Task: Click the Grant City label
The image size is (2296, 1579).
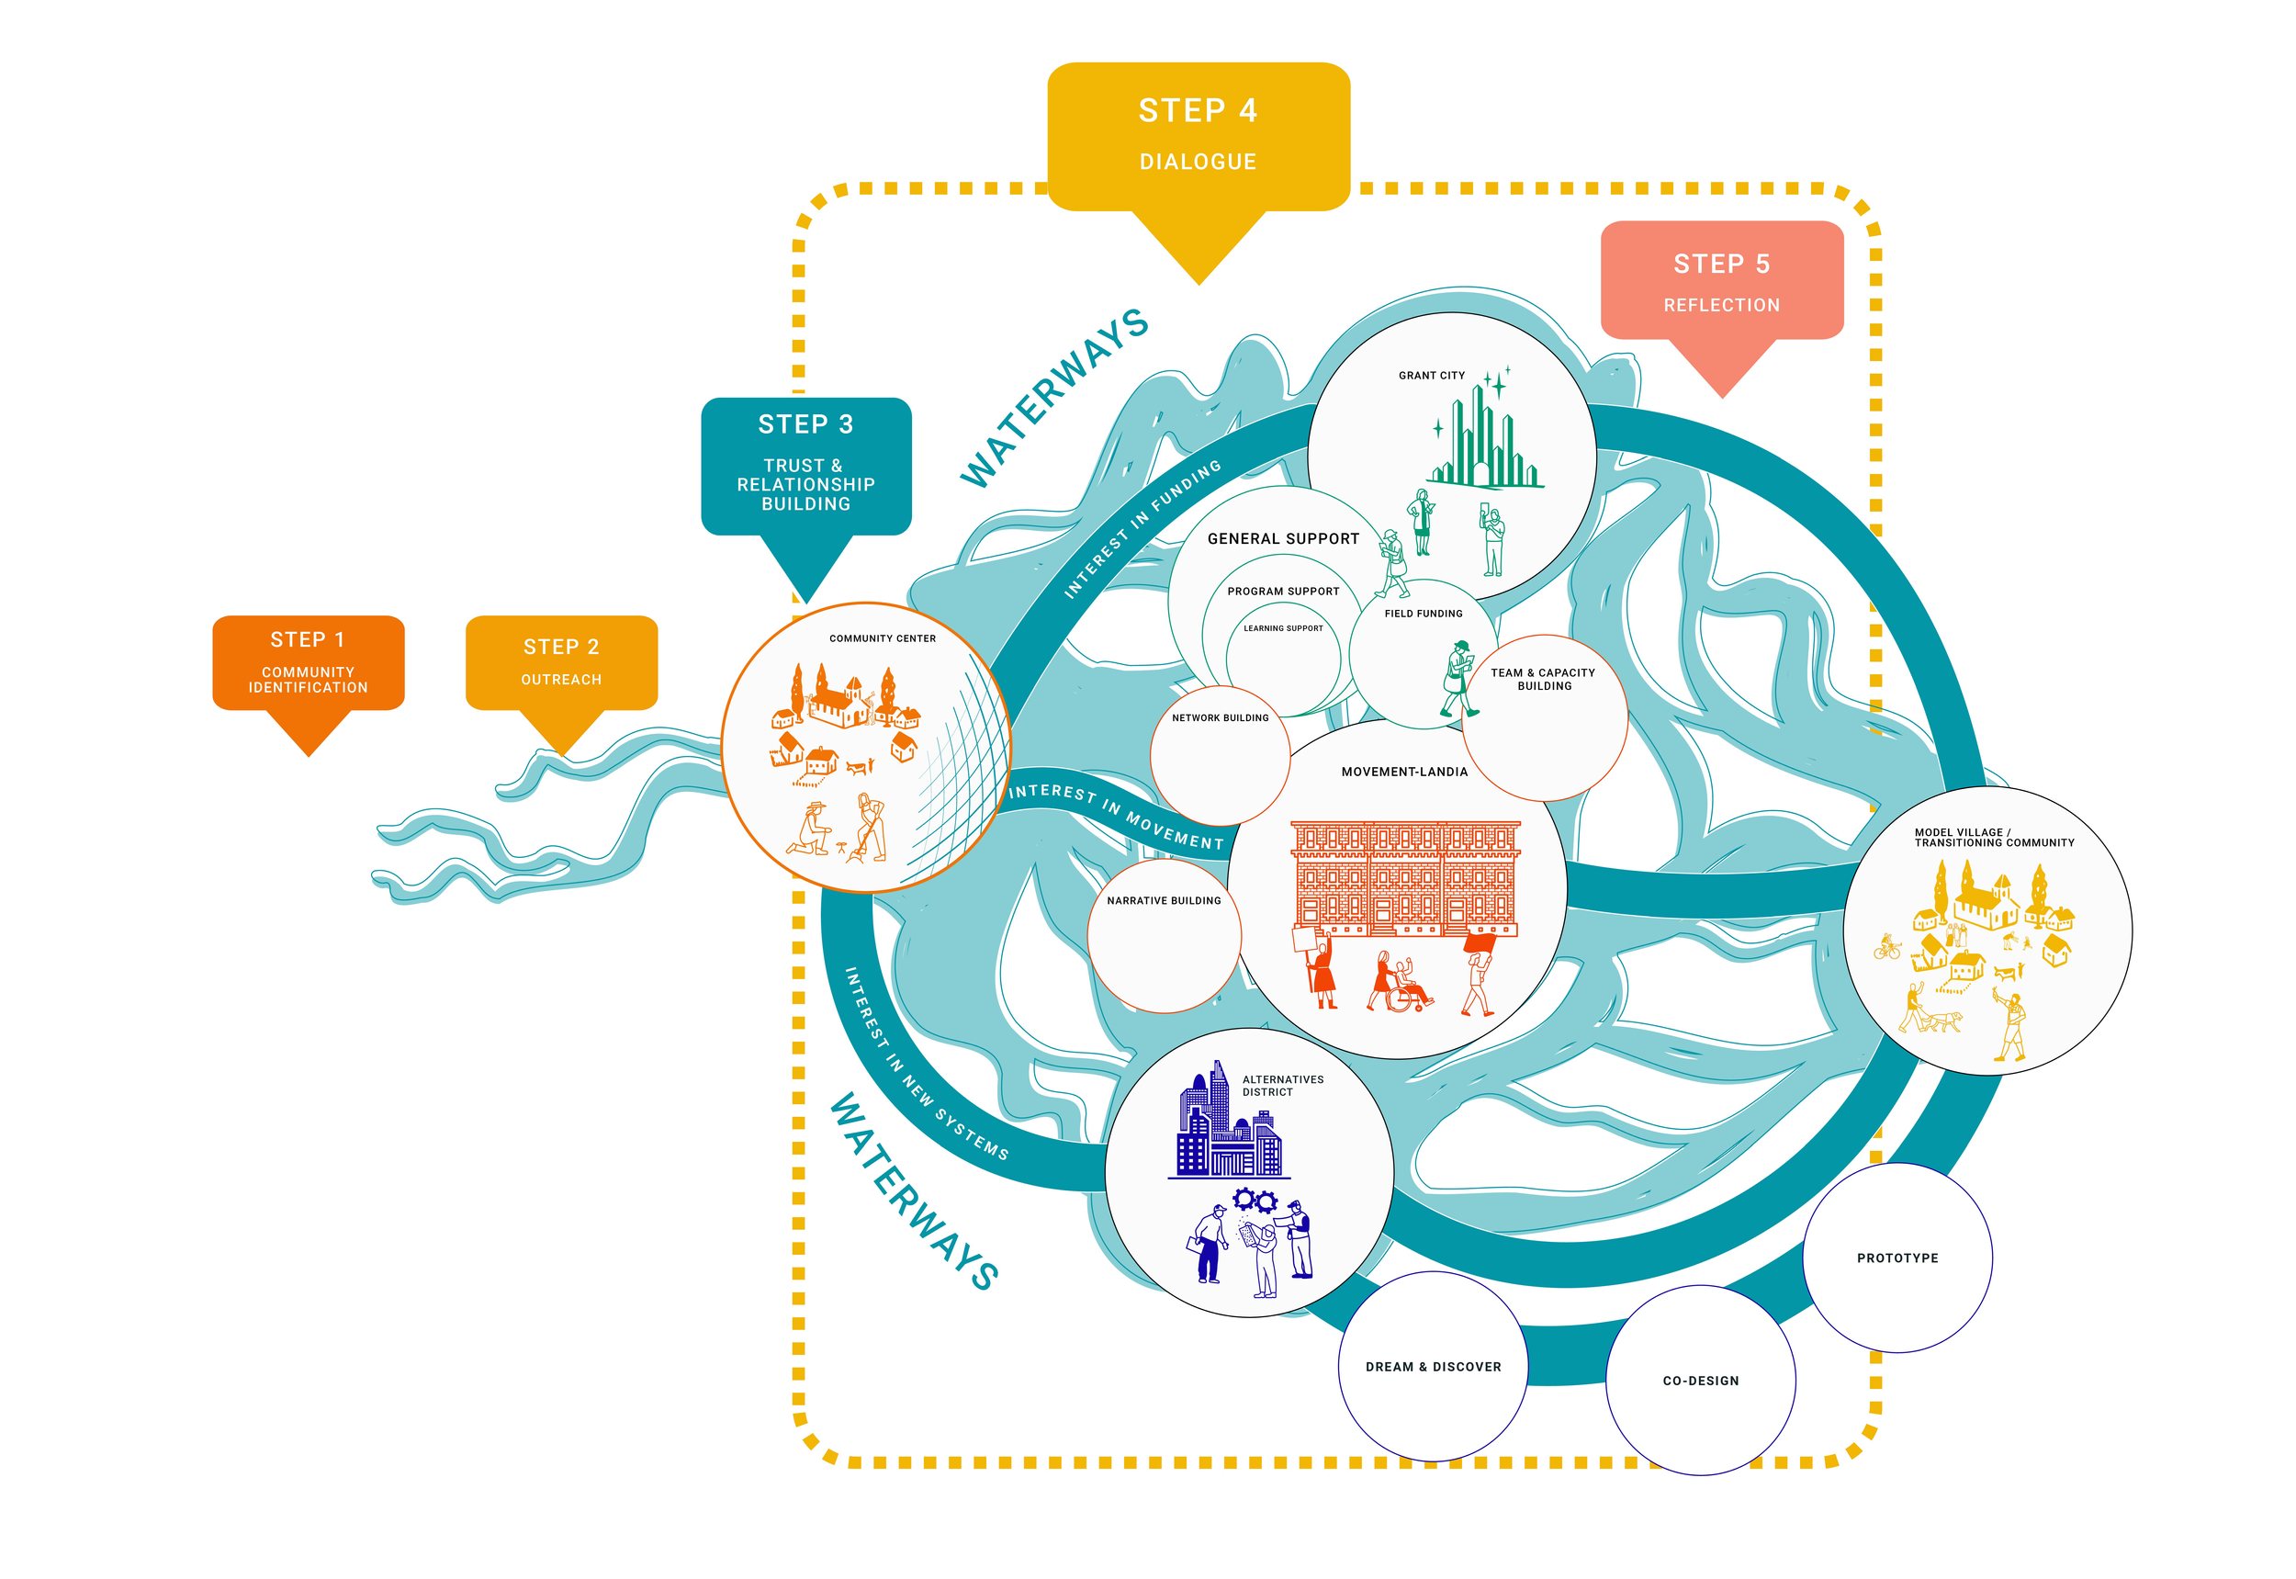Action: click(1432, 376)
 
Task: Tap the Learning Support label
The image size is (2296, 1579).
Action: click(1283, 628)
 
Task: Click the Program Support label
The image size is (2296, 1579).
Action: click(1283, 592)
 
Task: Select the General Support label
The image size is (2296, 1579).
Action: click(1283, 539)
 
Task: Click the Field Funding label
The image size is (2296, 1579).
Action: click(1423, 614)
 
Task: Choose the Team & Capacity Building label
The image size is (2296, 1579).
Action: click(1543, 679)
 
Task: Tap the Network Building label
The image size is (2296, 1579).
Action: click(1220, 718)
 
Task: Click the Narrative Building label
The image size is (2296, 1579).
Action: click(1164, 901)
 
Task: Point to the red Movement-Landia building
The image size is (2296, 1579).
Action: click(1405, 877)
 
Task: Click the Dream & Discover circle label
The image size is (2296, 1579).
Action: click(1433, 1368)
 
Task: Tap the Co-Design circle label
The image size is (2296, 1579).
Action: click(1701, 1382)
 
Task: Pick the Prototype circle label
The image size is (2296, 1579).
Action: click(1897, 1258)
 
